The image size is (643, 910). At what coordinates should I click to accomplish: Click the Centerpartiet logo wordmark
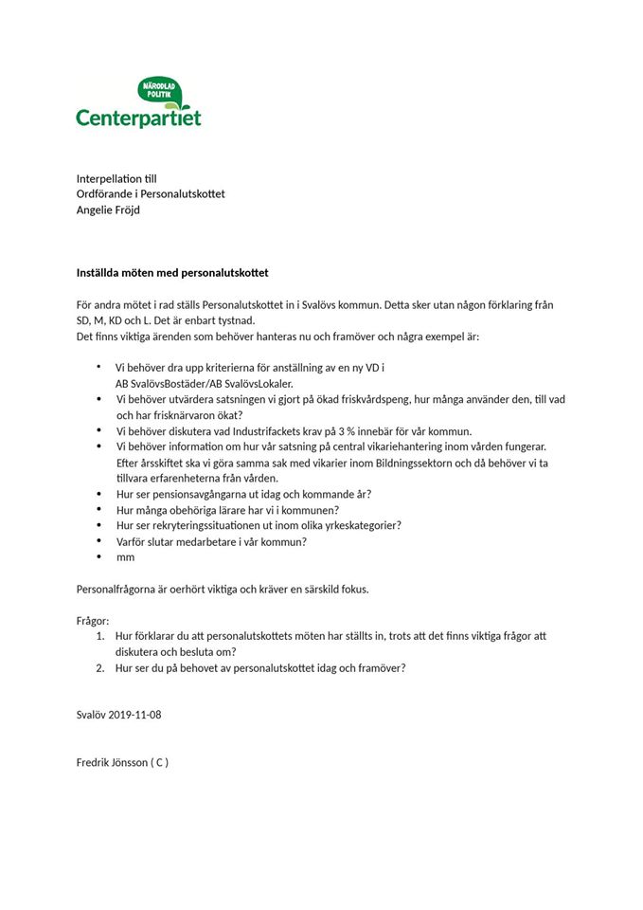(x=138, y=118)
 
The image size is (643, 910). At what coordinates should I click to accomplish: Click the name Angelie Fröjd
(x=108, y=209)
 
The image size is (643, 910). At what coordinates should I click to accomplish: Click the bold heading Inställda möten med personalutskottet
(x=172, y=273)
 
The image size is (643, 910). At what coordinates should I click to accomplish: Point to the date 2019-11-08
(x=134, y=714)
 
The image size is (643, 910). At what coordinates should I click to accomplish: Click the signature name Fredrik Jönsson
(x=112, y=762)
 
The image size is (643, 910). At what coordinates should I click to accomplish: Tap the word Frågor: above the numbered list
(x=93, y=620)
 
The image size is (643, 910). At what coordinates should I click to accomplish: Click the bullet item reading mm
(x=125, y=557)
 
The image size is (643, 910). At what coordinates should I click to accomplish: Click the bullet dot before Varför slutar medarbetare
(x=98, y=541)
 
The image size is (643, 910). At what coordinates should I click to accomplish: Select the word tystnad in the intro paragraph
(x=237, y=320)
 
